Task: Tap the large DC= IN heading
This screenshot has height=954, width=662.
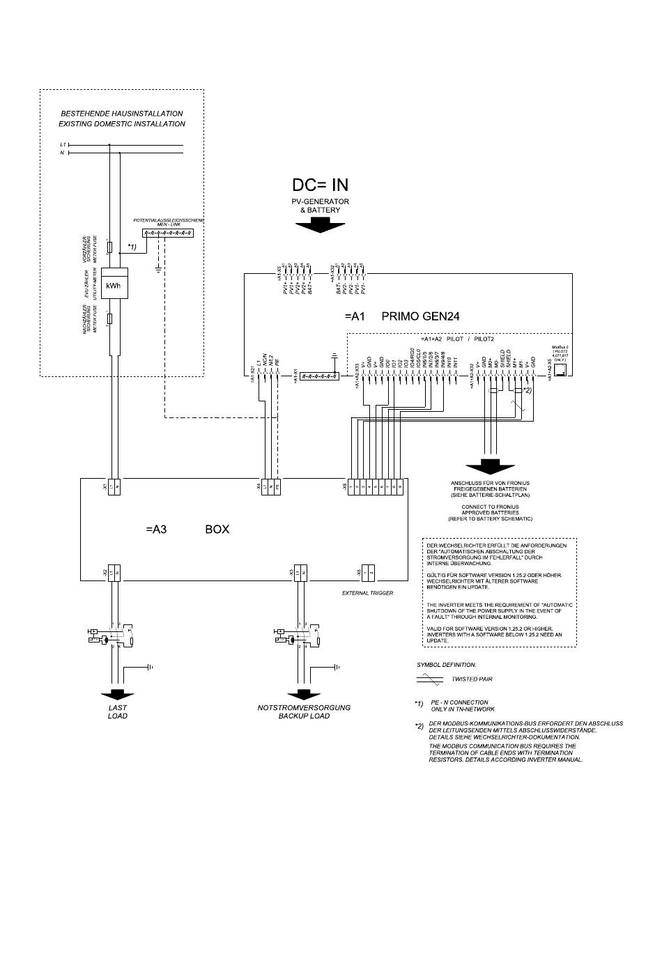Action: coord(320,185)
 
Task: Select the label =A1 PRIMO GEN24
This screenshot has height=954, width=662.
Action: coord(401,316)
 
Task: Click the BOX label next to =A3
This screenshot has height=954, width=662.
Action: coord(217,530)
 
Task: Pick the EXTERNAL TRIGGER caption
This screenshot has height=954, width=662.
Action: coord(367,593)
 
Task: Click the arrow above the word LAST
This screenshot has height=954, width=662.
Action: coord(117,694)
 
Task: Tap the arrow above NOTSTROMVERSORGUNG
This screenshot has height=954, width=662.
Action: coord(303,694)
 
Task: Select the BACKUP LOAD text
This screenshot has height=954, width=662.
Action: coord(304,716)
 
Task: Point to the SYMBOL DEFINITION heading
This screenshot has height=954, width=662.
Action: coord(447,665)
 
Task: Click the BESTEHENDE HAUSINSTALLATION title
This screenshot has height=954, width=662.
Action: coord(122,113)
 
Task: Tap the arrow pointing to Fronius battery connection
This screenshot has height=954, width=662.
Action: coord(491,466)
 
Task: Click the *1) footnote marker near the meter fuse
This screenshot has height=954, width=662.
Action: coord(132,247)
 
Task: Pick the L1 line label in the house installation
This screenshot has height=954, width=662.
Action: coord(63,145)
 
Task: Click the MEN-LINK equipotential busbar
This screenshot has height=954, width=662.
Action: coord(167,233)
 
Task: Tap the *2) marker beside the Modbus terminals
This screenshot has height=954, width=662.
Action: coord(528,391)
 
